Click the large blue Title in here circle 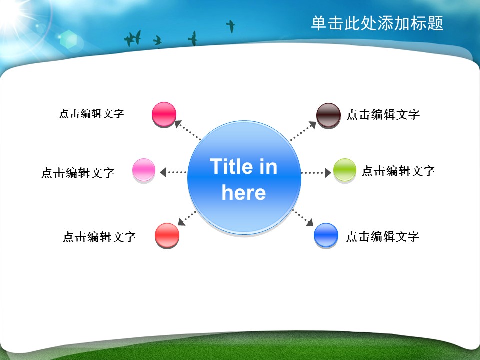click(244, 178)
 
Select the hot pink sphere click(164, 115)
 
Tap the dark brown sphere click(328, 115)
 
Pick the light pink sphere click(144, 170)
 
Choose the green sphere click(344, 170)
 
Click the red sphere click(167, 235)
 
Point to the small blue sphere click(326, 235)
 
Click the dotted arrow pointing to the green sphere click(316, 173)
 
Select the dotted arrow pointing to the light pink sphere click(173, 172)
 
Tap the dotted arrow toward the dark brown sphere click(303, 131)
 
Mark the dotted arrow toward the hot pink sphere click(187, 130)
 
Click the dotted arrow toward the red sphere click(187, 218)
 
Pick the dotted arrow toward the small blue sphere click(303, 218)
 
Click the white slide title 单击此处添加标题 click(377, 23)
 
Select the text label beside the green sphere click(398, 171)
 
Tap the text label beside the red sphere click(99, 237)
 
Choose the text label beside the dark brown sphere click(383, 115)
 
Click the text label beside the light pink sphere click(78, 173)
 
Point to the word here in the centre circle click(244, 193)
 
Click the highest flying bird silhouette click(231, 26)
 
